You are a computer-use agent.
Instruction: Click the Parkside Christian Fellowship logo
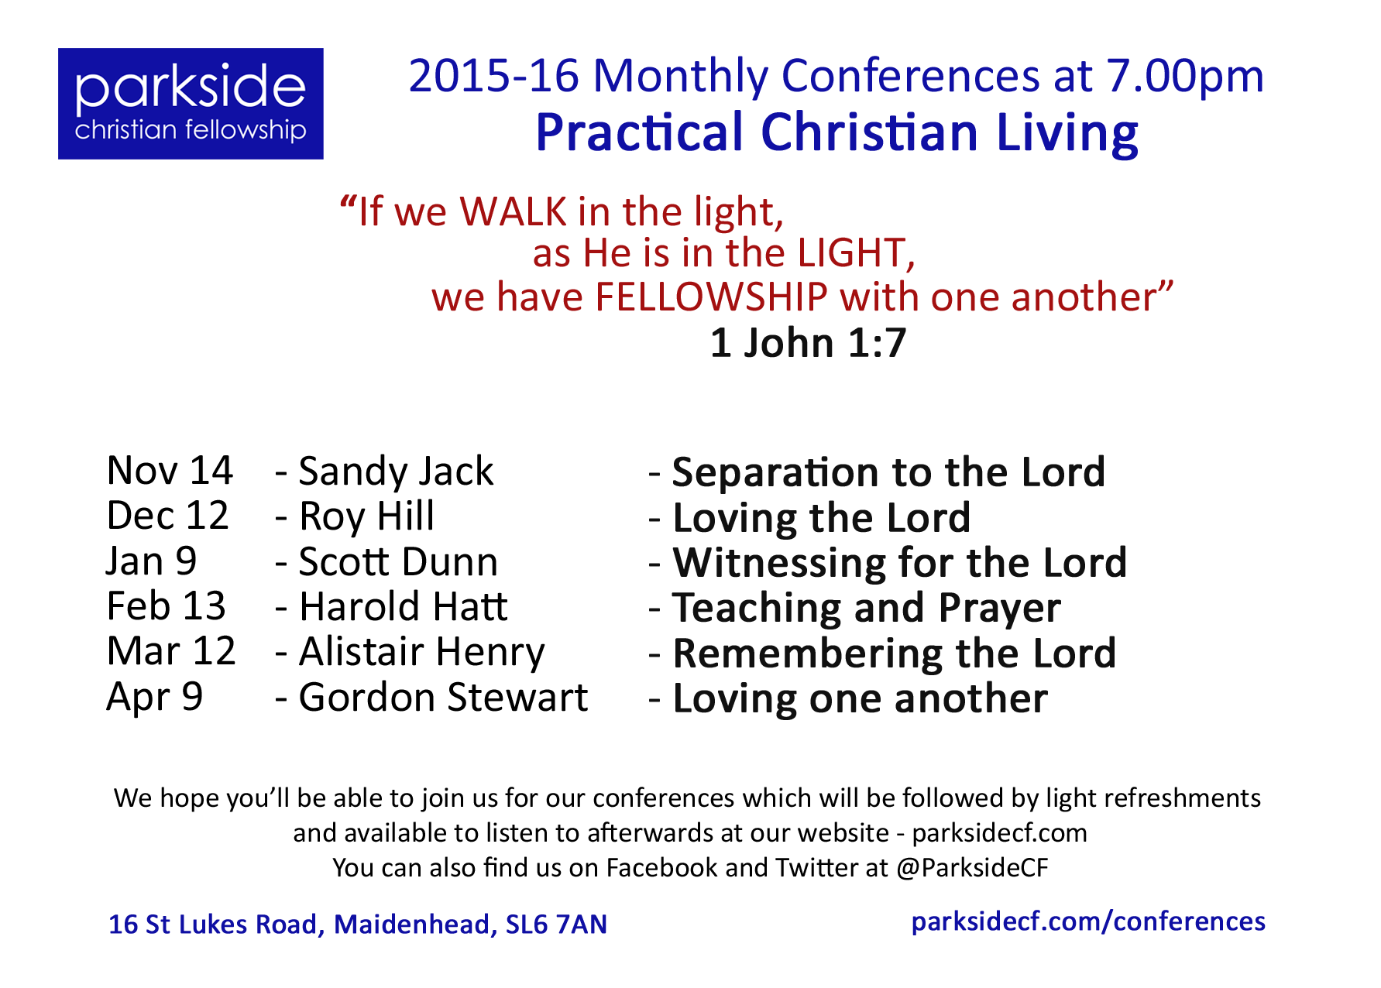click(x=191, y=104)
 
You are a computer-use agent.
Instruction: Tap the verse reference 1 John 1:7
click(x=808, y=343)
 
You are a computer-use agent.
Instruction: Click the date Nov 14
click(x=170, y=471)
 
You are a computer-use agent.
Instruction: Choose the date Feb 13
click(x=167, y=606)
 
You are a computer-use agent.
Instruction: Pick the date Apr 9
click(x=155, y=698)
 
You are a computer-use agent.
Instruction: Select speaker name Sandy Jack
click(x=396, y=472)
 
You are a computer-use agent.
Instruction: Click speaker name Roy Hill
click(x=366, y=516)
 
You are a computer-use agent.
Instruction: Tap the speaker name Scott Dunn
click(x=398, y=562)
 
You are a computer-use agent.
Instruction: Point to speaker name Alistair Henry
click(x=422, y=653)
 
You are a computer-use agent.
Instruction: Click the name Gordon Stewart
click(x=443, y=698)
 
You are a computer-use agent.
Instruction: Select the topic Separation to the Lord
click(x=888, y=472)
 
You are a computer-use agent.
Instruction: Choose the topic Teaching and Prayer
click(x=867, y=609)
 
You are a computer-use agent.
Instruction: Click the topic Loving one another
click(x=861, y=699)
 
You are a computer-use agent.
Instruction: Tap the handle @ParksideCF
click(x=972, y=868)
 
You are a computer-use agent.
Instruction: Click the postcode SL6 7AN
click(x=556, y=925)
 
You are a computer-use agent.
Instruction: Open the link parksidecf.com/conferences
click(x=1088, y=922)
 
